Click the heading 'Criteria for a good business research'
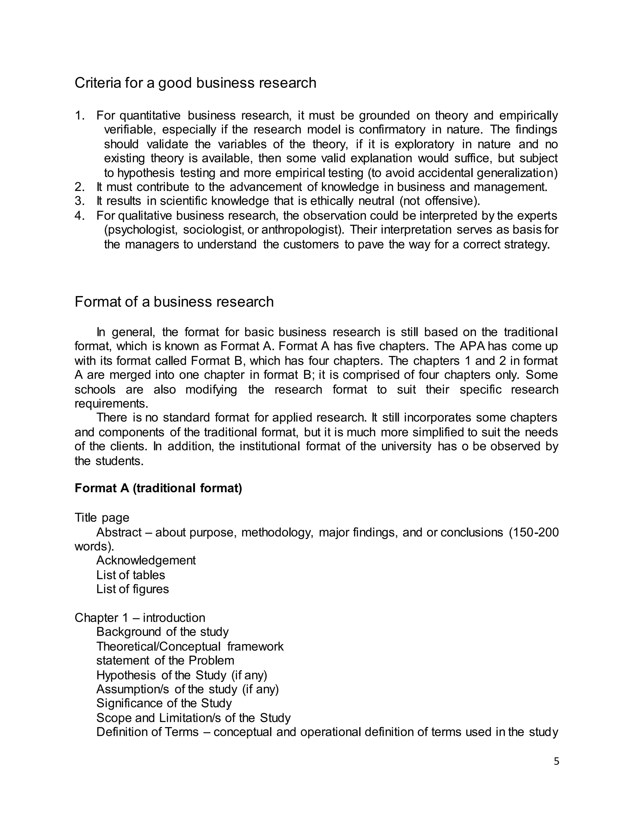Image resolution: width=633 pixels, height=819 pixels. point(195,83)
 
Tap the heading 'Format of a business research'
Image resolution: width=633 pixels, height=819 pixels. point(174,302)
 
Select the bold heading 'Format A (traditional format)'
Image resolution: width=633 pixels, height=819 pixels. point(158,488)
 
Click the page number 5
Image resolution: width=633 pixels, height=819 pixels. point(556,761)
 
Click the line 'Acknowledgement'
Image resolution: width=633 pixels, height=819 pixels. point(146,560)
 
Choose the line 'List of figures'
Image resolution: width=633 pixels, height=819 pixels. point(132,589)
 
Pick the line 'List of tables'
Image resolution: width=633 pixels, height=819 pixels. point(130,575)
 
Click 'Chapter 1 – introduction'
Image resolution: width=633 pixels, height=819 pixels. point(140,617)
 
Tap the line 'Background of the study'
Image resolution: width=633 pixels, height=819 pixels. point(162,632)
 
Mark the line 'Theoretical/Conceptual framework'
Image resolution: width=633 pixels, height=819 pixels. point(190,647)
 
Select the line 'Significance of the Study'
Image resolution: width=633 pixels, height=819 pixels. point(164,703)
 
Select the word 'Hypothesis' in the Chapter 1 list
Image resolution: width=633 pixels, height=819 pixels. point(126,675)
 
